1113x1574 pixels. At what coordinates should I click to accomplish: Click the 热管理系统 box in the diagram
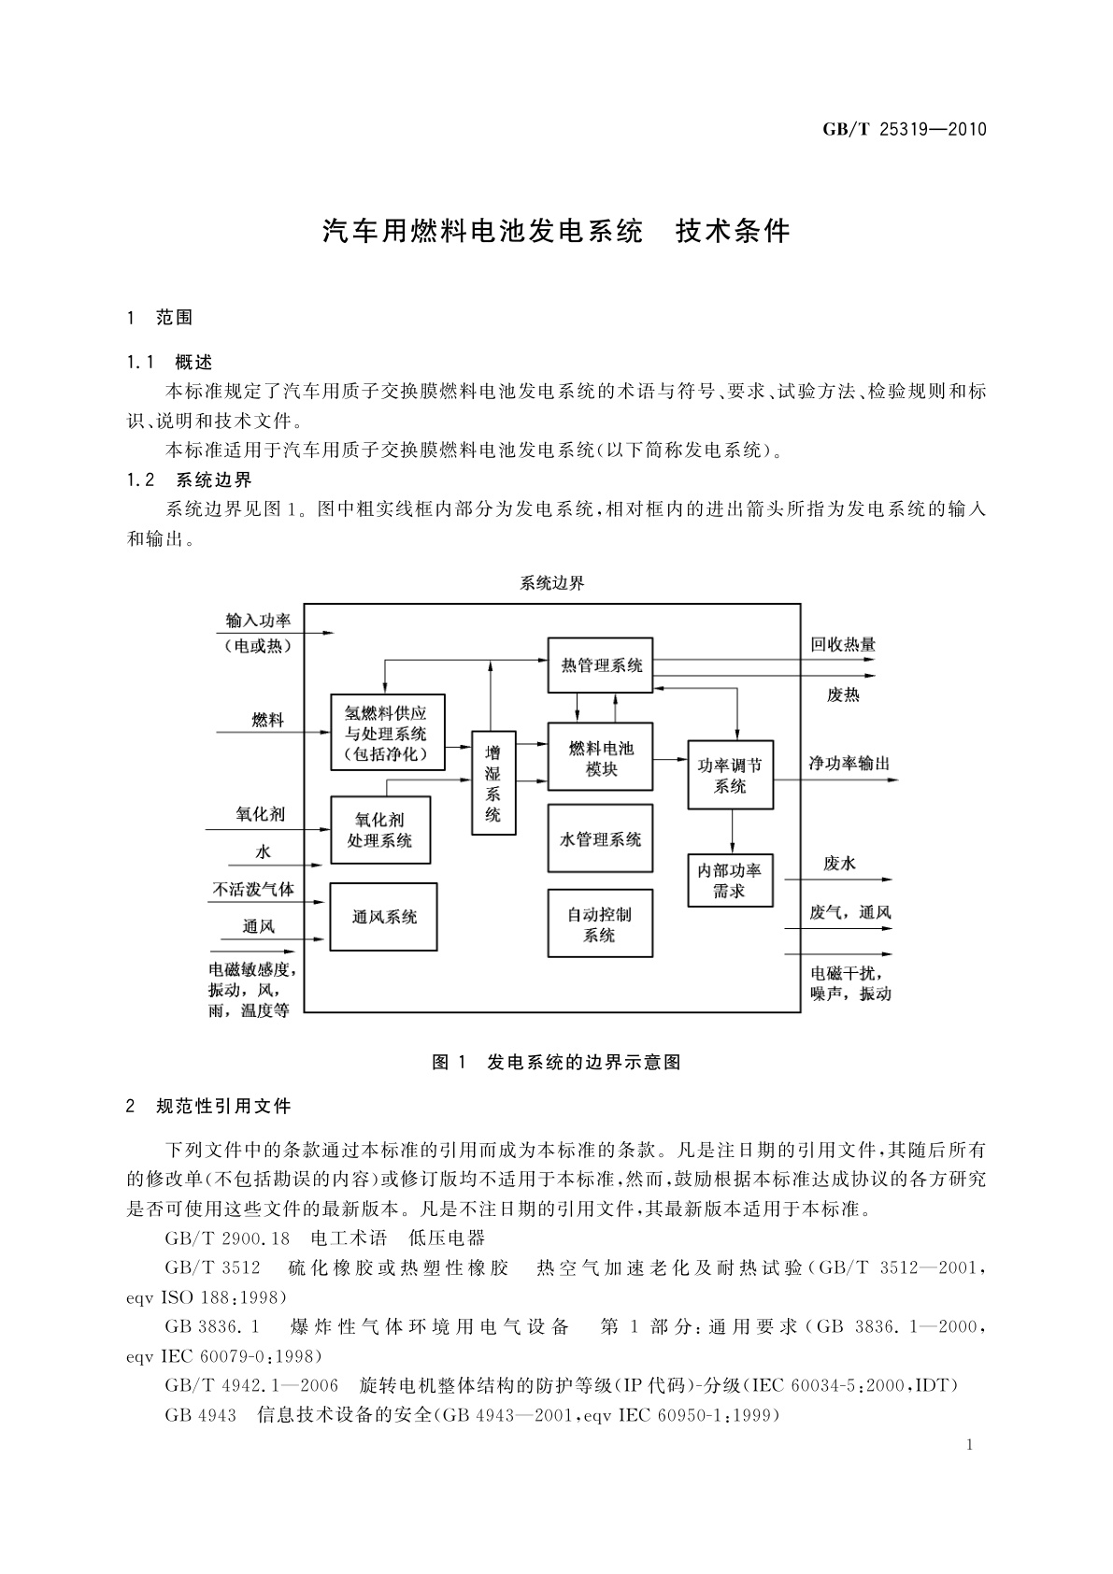coord(600,665)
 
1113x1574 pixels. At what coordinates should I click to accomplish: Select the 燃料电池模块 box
coord(600,758)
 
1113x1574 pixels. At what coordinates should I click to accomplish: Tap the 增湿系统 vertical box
coord(493,782)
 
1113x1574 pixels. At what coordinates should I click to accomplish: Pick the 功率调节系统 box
coord(731,775)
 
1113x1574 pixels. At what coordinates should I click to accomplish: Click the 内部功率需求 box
coord(731,880)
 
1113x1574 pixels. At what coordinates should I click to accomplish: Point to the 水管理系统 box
coord(600,838)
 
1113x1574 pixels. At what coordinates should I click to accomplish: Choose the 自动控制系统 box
coord(600,923)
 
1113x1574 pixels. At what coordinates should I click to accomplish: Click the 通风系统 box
coord(384,917)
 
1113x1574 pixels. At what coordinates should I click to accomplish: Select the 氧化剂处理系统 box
coord(380,830)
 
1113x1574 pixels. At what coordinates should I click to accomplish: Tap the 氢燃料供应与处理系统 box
coord(387,732)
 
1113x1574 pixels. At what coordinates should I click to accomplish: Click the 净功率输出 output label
coord(849,764)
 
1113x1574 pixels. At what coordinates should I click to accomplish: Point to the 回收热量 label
coord(843,644)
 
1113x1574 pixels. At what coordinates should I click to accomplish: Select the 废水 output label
coord(839,864)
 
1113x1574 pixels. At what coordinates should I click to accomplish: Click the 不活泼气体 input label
coord(253,889)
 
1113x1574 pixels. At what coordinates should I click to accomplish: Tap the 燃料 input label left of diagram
coord(267,720)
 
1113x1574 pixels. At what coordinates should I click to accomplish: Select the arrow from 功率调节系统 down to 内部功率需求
coord(732,831)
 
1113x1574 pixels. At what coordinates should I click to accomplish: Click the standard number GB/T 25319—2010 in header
coord(904,130)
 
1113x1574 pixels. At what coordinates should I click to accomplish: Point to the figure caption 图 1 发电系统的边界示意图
coord(556,1062)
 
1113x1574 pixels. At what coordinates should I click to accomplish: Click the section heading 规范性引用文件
coord(223,1107)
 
